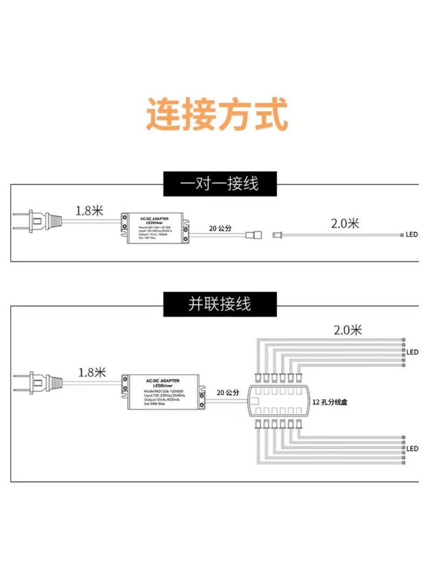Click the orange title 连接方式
[x=217, y=114]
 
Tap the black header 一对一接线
[x=219, y=184]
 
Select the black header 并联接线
[x=219, y=304]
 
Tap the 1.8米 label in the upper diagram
[x=89, y=210]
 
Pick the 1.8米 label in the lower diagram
[x=92, y=372]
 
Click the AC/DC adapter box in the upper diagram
[x=155, y=228]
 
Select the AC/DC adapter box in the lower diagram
[x=163, y=391]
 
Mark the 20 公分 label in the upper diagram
[x=220, y=229]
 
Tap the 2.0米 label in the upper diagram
[x=345, y=224]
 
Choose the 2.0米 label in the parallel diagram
[x=348, y=330]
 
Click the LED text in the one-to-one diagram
[x=412, y=235]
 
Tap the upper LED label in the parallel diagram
[x=412, y=352]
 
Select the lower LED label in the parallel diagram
[x=412, y=449]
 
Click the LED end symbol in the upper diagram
[x=401, y=235]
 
